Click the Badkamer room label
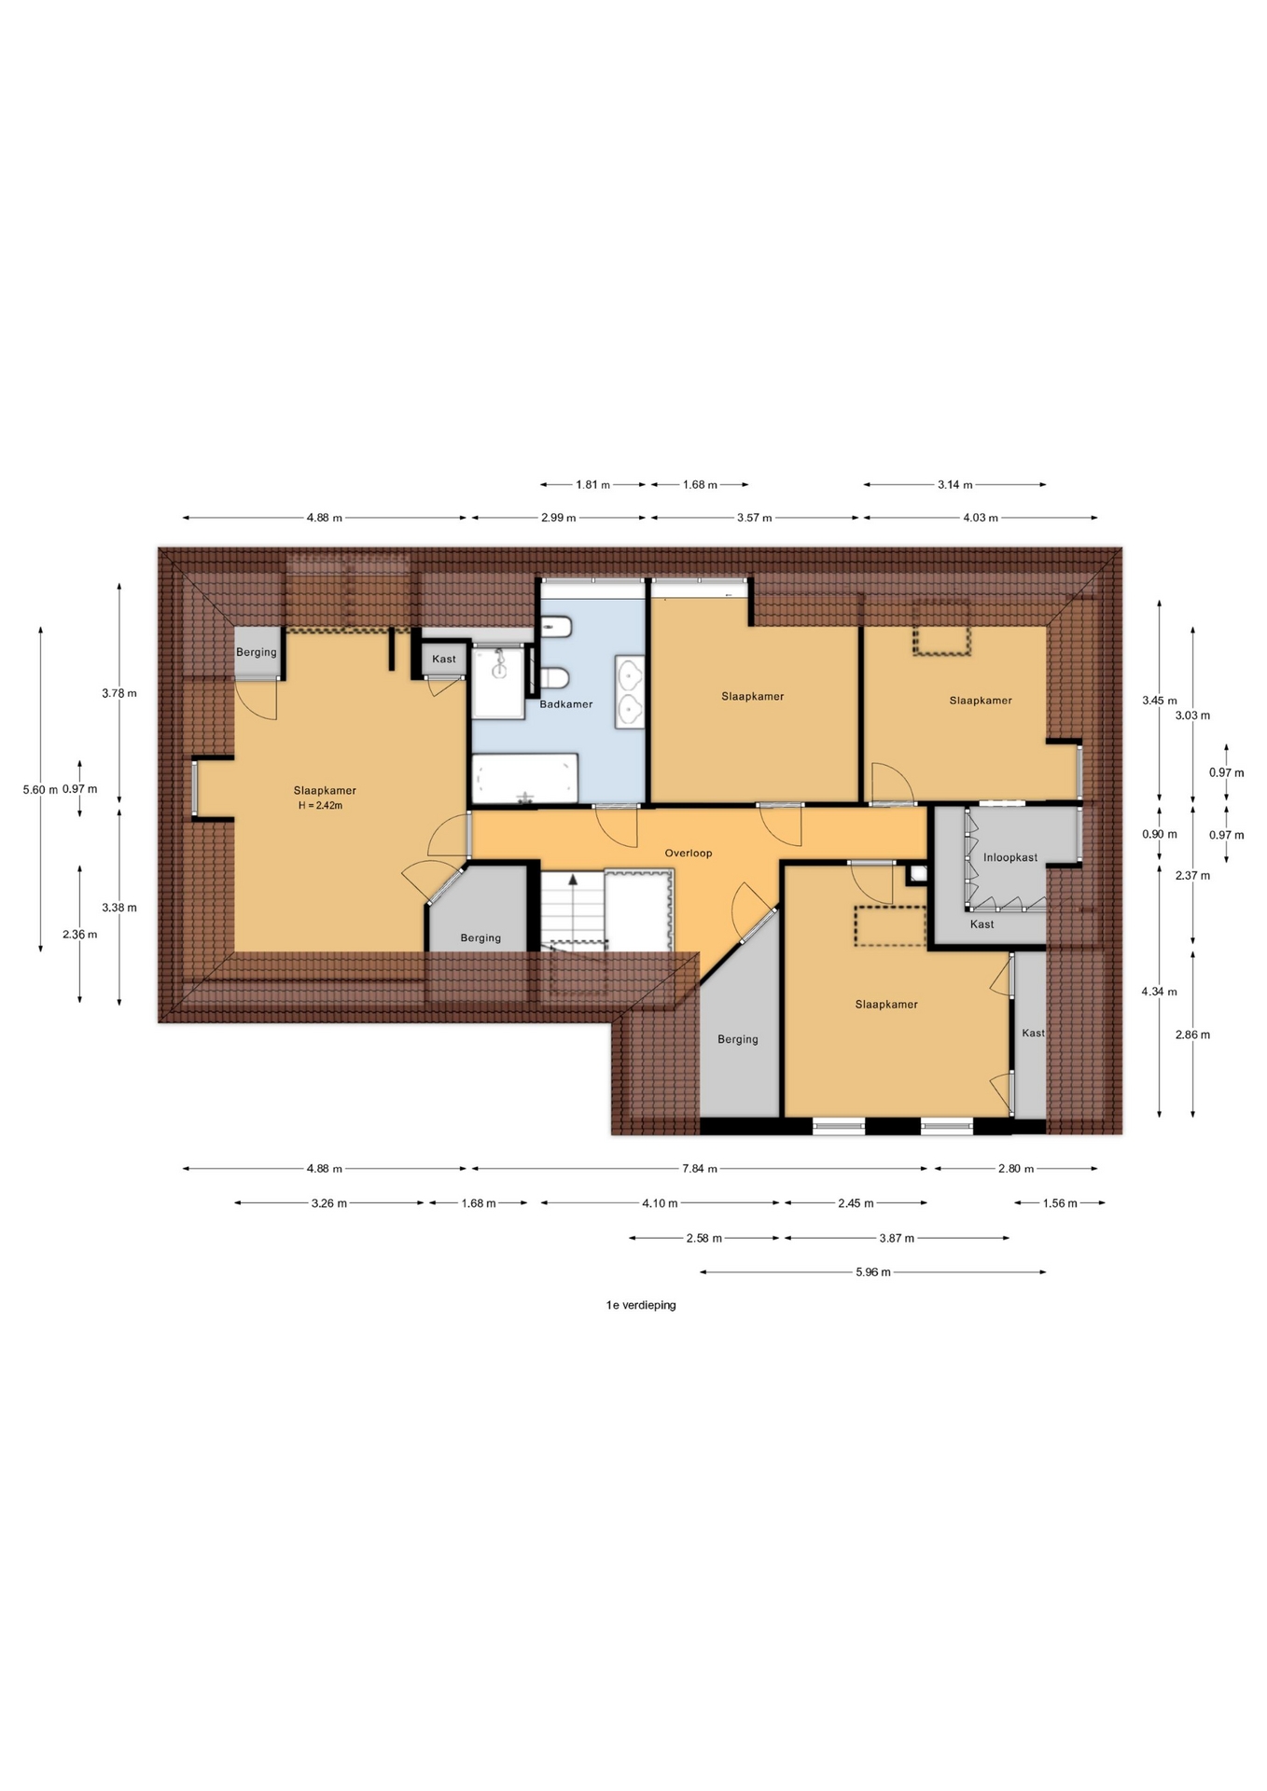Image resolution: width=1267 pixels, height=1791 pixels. pos(566,704)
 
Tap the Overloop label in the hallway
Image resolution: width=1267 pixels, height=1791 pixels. pos(689,854)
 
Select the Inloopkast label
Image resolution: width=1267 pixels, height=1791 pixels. pos(1010,857)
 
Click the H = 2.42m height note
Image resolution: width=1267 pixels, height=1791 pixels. pos(320,806)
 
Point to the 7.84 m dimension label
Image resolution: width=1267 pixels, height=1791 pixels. pos(700,1169)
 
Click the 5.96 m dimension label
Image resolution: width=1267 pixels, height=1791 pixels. pos(873,1272)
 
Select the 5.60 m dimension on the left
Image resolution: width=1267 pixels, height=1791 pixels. pos(40,790)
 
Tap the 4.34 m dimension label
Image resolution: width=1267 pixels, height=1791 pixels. pos(1160,992)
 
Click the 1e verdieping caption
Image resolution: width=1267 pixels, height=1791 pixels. pos(641,1305)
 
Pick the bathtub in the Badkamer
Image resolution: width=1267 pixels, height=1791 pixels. pos(525,779)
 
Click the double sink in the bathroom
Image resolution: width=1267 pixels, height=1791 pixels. pos(631,691)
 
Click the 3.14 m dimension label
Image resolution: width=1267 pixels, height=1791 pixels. pos(955,485)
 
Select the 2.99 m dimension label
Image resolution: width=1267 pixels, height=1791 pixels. pos(559,518)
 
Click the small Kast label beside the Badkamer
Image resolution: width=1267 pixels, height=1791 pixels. pos(444,659)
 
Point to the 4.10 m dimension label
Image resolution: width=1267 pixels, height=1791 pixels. pos(660,1203)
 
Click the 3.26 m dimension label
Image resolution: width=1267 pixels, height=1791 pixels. pos(329,1203)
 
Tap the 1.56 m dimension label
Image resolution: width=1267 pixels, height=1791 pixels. pos(1060,1203)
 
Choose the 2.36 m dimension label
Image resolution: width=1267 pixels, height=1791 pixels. pos(79,935)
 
